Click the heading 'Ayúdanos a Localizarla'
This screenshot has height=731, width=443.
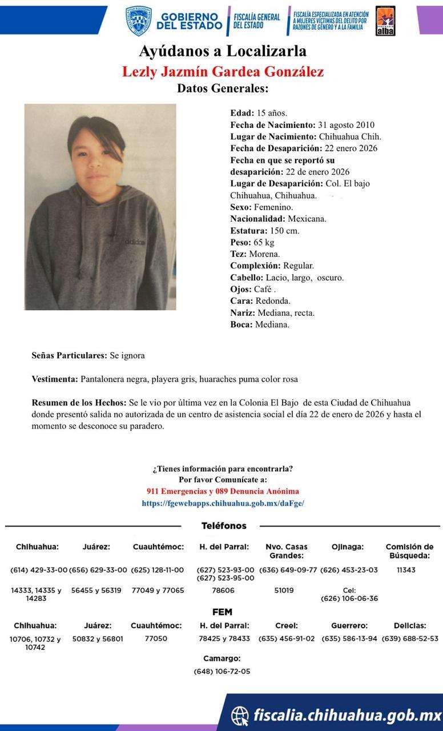pyautogui.click(x=223, y=51)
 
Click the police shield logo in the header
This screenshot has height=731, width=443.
pyautogui.click(x=139, y=21)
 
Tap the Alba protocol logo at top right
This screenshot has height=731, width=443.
pyautogui.click(x=385, y=21)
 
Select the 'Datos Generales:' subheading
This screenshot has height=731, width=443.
pyautogui.click(x=223, y=89)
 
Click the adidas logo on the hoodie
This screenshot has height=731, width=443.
pyautogui.click(x=135, y=242)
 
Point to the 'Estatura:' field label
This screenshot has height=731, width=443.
pyautogui.click(x=248, y=231)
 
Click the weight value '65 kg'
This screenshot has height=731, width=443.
pyautogui.click(x=264, y=243)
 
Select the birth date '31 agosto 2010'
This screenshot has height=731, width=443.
pyautogui.click(x=346, y=125)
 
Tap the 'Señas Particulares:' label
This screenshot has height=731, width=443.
pyautogui.click(x=69, y=355)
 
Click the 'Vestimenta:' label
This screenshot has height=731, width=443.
pyautogui.click(x=55, y=379)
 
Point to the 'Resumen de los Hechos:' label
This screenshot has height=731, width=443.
pyautogui.click(x=79, y=403)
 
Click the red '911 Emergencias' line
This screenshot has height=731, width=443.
pyautogui.click(x=223, y=491)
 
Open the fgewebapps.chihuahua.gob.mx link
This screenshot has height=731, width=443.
pyautogui.click(x=223, y=503)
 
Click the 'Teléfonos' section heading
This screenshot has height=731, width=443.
pyautogui.click(x=224, y=525)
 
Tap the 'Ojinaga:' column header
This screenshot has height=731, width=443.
pyautogui.click(x=347, y=547)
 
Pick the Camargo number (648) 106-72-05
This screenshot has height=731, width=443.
pyautogui.click(x=221, y=672)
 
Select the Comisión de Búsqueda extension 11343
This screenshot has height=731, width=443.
pyautogui.click(x=406, y=570)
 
